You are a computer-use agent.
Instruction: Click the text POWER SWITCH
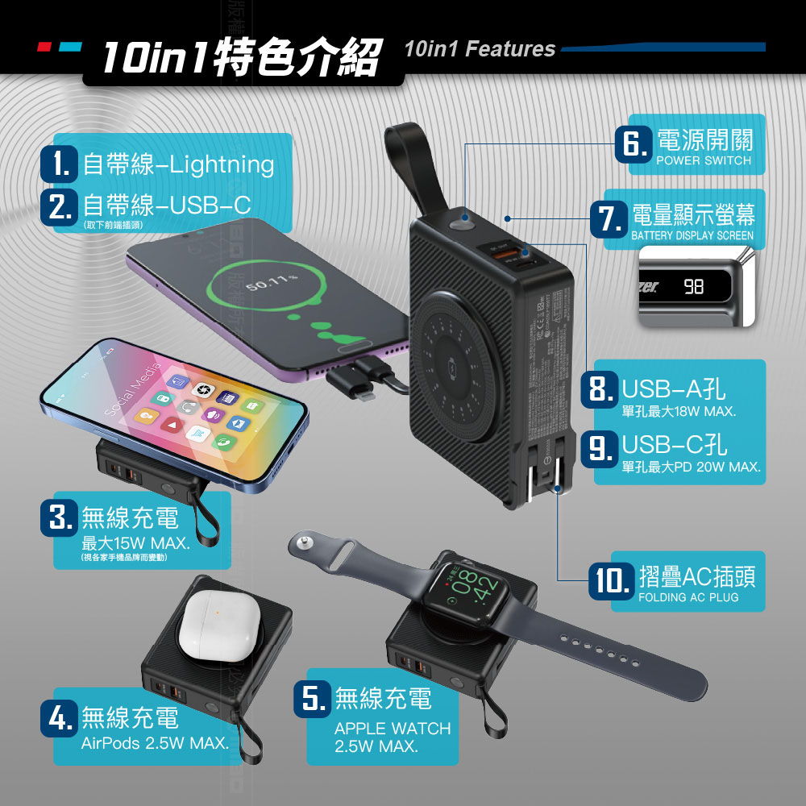click(x=703, y=160)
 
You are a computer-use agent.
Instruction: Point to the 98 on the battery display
click(x=692, y=286)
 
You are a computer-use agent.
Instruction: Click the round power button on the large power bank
click(x=463, y=219)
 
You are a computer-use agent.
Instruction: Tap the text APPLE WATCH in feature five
click(x=393, y=729)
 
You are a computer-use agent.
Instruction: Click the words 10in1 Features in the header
click(x=480, y=49)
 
